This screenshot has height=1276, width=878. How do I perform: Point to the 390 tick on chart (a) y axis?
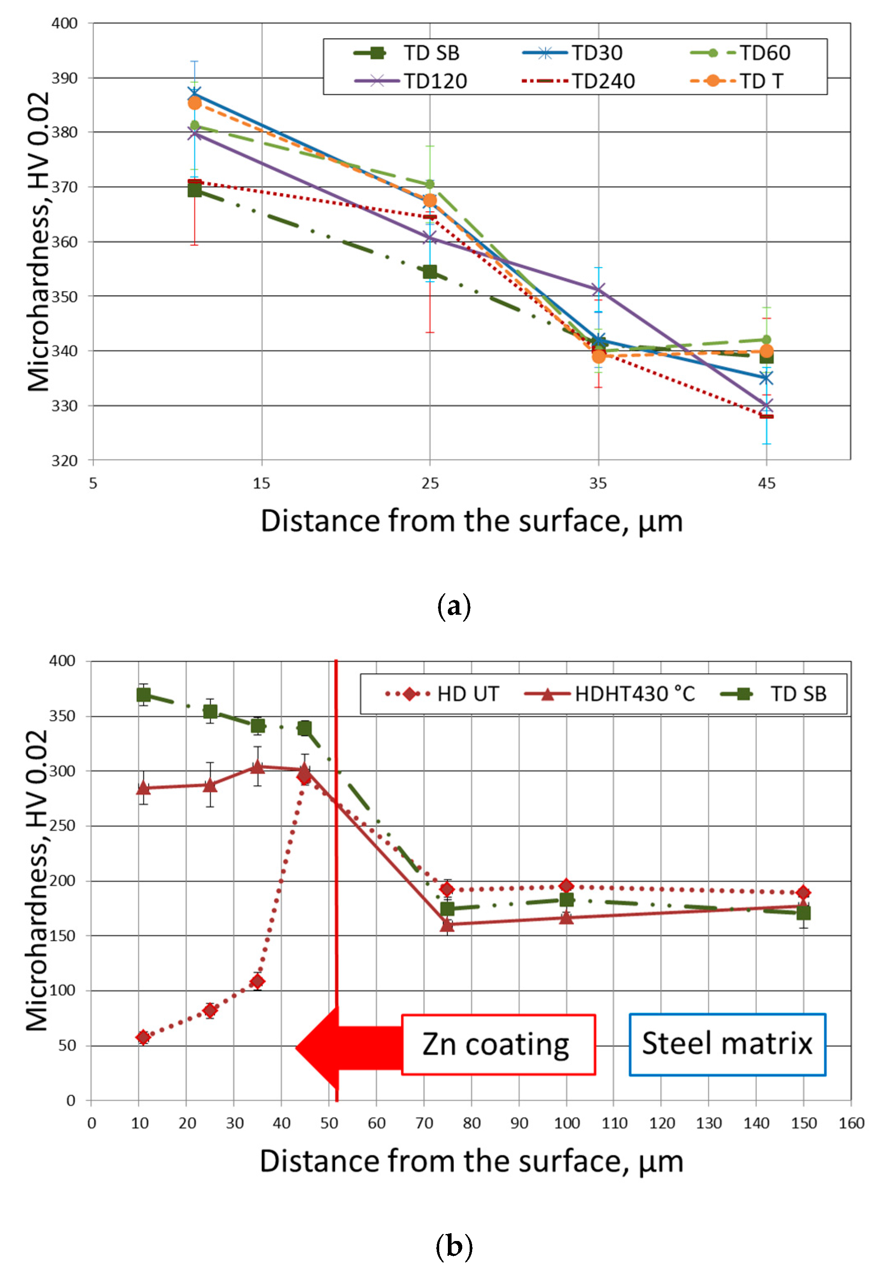point(64,78)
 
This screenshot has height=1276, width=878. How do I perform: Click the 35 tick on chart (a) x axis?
point(598,484)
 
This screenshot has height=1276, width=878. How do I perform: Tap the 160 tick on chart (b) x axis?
point(850,1123)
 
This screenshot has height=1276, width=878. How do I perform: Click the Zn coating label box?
point(498,1044)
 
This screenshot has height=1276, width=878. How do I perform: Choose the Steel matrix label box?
point(727,1044)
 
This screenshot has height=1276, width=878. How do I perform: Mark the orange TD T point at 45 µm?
point(766,351)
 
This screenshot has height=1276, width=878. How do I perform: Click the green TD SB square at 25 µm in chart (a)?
point(430,272)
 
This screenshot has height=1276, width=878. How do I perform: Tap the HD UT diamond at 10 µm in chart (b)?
point(143,1038)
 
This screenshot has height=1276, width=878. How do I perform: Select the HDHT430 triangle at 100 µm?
point(566,917)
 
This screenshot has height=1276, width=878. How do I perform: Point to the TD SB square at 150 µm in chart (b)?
point(803,913)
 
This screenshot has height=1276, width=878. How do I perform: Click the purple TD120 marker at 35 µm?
point(599,289)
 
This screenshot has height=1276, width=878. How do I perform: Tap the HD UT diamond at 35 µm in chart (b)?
point(257,982)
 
